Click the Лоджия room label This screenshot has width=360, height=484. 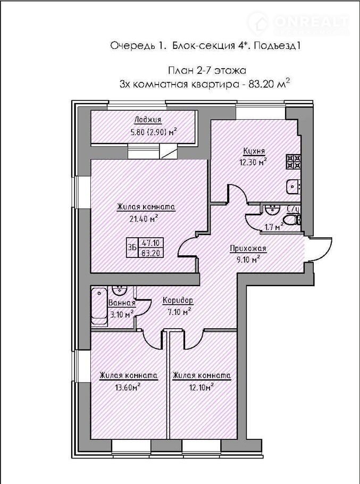point(148,120)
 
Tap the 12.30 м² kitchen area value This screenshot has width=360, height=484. point(253,162)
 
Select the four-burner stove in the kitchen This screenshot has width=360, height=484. point(294,162)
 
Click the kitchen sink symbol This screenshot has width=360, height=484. point(294,187)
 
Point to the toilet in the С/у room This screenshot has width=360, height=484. point(291,220)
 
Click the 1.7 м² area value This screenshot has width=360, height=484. point(274,227)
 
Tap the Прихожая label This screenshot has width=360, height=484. point(248,248)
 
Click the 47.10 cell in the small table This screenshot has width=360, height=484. point(151,243)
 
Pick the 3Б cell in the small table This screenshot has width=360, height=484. point(132,247)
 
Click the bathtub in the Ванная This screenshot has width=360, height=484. point(99,306)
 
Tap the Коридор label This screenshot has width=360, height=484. point(178,300)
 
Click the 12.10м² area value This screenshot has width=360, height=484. point(200,387)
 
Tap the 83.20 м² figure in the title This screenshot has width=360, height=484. point(269,84)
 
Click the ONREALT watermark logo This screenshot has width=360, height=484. point(298,23)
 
